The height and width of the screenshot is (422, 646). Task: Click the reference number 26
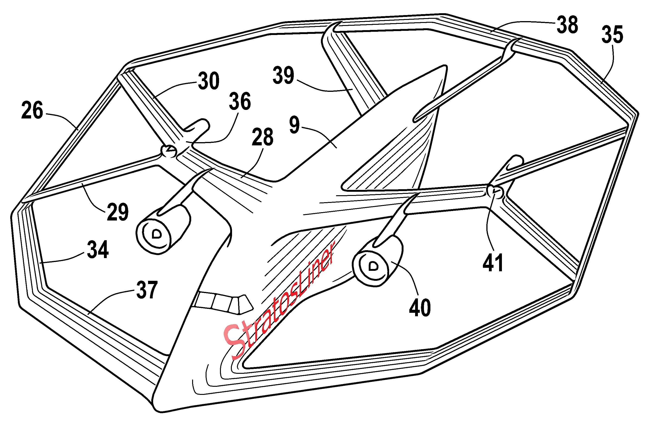pos(32,110)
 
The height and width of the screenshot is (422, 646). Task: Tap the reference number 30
pos(208,81)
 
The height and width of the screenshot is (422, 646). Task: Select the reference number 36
pos(240,101)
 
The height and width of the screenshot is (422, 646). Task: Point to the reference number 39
pos(283,75)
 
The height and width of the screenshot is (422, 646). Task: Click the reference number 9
pos(294,125)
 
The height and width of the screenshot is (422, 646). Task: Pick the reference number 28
pos(262,137)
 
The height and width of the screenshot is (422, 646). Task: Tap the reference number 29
pos(118,212)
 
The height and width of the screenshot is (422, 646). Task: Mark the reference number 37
pos(147,290)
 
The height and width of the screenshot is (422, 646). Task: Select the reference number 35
pos(612,35)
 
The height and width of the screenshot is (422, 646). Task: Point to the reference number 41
pos(493,262)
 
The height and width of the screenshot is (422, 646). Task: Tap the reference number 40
pos(420,307)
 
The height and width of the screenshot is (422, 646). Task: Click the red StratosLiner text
pos(280,301)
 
